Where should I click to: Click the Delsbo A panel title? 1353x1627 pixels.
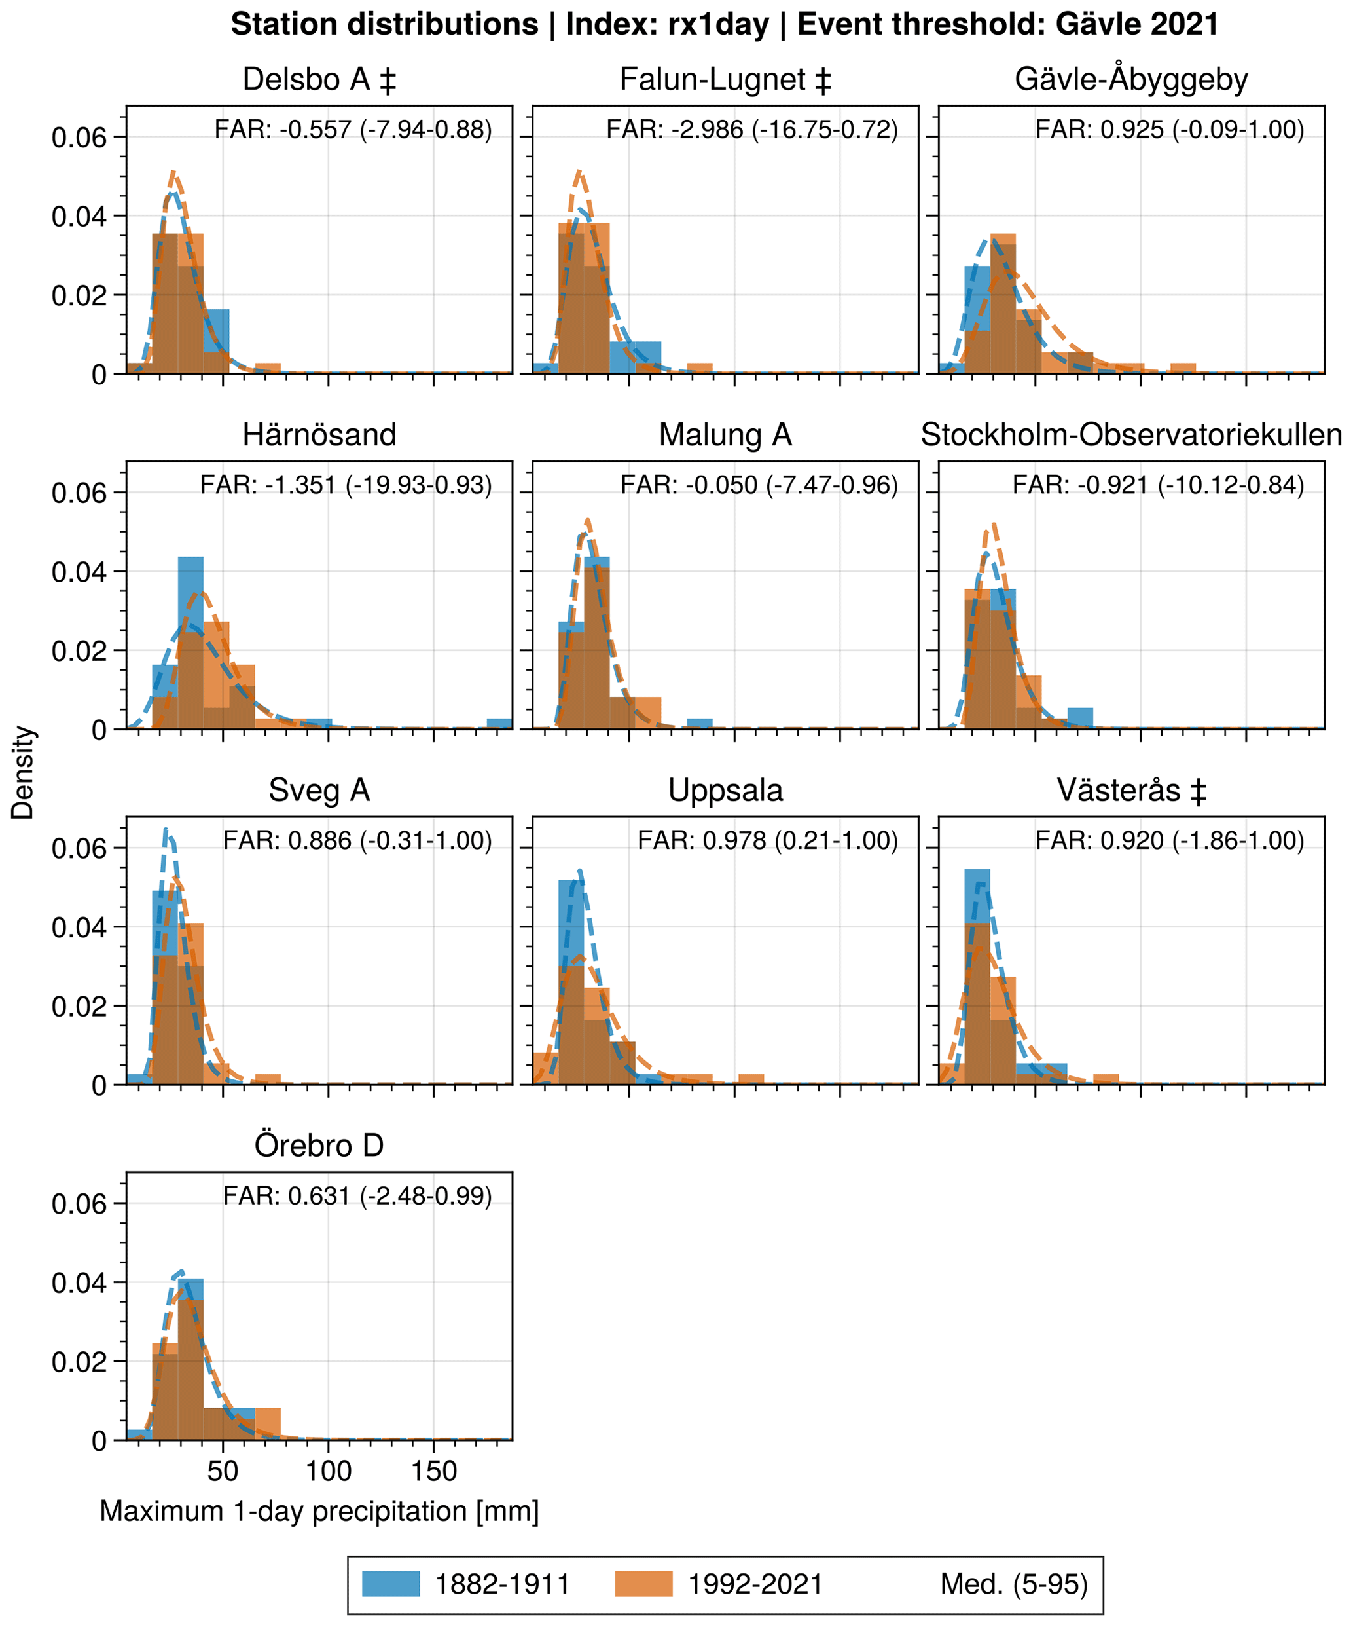click(x=319, y=80)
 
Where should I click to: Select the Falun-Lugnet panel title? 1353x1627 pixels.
click(x=725, y=80)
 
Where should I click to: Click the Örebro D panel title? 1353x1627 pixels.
click(x=319, y=1146)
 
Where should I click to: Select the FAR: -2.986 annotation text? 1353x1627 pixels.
click(x=752, y=130)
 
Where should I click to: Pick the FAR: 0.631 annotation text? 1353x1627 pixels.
click(x=357, y=1196)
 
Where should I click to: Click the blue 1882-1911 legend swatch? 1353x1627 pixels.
click(x=391, y=1584)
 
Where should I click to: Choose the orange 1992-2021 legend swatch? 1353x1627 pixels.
click(x=643, y=1584)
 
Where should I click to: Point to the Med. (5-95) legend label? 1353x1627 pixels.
click(x=1014, y=1584)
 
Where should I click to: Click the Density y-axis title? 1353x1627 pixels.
click(x=23, y=772)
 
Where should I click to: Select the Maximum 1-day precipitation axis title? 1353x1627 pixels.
click(x=319, y=1512)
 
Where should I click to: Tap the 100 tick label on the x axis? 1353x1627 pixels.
click(x=329, y=1470)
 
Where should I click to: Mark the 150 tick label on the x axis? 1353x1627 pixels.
click(x=434, y=1470)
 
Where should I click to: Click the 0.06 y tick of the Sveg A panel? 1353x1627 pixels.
click(x=79, y=848)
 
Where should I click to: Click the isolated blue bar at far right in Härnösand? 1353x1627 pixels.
click(x=499, y=724)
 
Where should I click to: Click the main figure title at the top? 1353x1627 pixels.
click(x=725, y=25)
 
